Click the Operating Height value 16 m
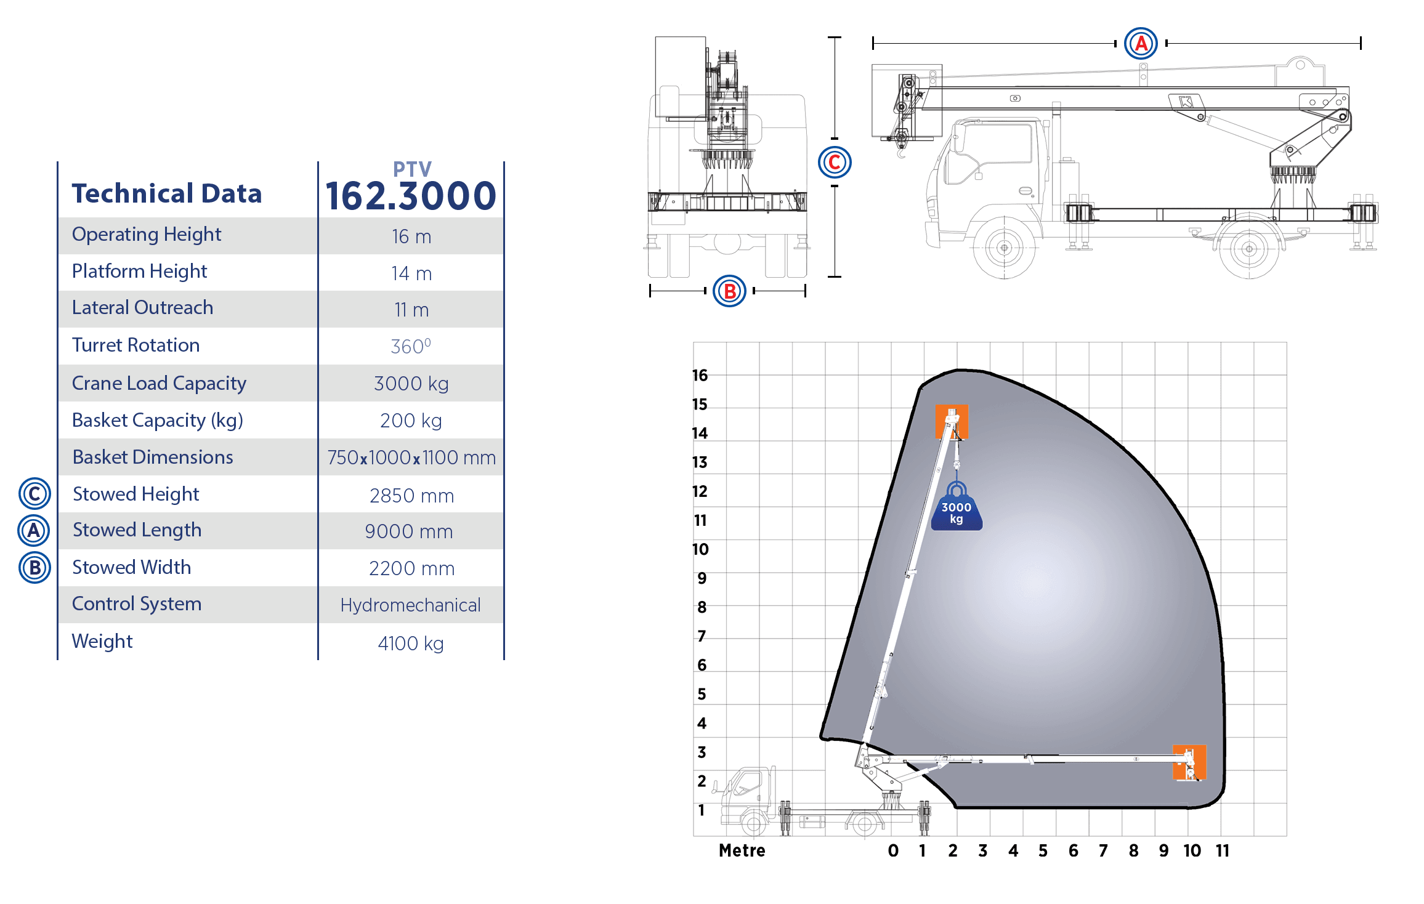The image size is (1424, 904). [411, 236]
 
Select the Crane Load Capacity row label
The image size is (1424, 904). [159, 383]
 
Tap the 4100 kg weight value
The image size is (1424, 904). [411, 644]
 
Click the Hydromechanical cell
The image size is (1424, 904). [410, 605]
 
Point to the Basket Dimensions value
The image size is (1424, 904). [411, 458]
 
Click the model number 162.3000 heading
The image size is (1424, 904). [411, 196]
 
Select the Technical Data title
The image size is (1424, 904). [167, 193]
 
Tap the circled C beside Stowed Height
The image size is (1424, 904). [34, 494]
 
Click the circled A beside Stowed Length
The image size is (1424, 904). [34, 531]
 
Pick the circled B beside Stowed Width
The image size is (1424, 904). [34, 568]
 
